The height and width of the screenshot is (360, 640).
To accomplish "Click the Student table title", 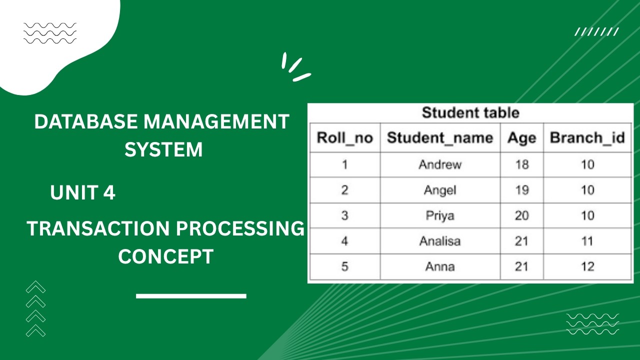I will [x=470, y=113].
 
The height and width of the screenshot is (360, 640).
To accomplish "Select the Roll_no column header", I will [x=345, y=138].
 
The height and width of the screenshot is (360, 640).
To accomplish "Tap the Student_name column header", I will [x=440, y=138].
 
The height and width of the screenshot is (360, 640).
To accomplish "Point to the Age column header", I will [x=521, y=138].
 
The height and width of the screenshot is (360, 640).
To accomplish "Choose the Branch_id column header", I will [x=587, y=138].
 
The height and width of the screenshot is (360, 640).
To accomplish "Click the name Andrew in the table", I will [x=440, y=164].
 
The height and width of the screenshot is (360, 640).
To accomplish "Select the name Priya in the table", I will [x=440, y=215].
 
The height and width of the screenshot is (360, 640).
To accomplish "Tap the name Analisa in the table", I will [x=440, y=241].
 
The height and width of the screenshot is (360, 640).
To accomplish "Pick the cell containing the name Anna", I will [x=440, y=266].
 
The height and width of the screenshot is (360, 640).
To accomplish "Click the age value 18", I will [x=521, y=164].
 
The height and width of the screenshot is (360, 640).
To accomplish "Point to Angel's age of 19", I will [x=521, y=190].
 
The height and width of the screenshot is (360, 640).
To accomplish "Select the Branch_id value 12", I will [x=587, y=266].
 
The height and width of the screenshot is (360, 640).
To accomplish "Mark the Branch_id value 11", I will [x=587, y=241].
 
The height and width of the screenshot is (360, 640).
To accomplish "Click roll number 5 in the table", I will [x=344, y=266].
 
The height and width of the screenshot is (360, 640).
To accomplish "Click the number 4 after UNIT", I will [x=109, y=193].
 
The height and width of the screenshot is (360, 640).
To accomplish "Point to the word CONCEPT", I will [x=165, y=257].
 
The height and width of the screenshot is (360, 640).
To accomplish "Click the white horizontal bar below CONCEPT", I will [x=191, y=296].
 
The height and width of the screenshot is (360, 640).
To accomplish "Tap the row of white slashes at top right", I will [x=597, y=32].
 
